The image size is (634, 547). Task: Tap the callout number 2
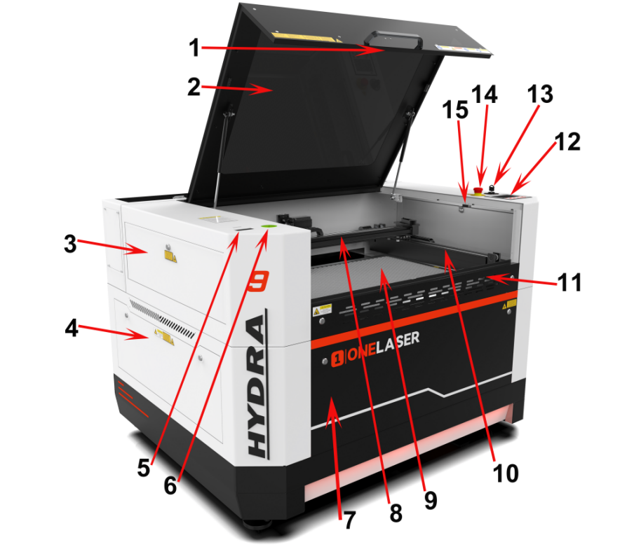(x=194, y=88)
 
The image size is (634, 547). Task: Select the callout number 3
(x=69, y=244)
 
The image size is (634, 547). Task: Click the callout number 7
(x=349, y=519)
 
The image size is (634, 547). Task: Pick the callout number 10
(x=504, y=472)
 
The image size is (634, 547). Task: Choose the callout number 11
(x=569, y=282)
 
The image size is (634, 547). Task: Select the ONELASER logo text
(x=384, y=339)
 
